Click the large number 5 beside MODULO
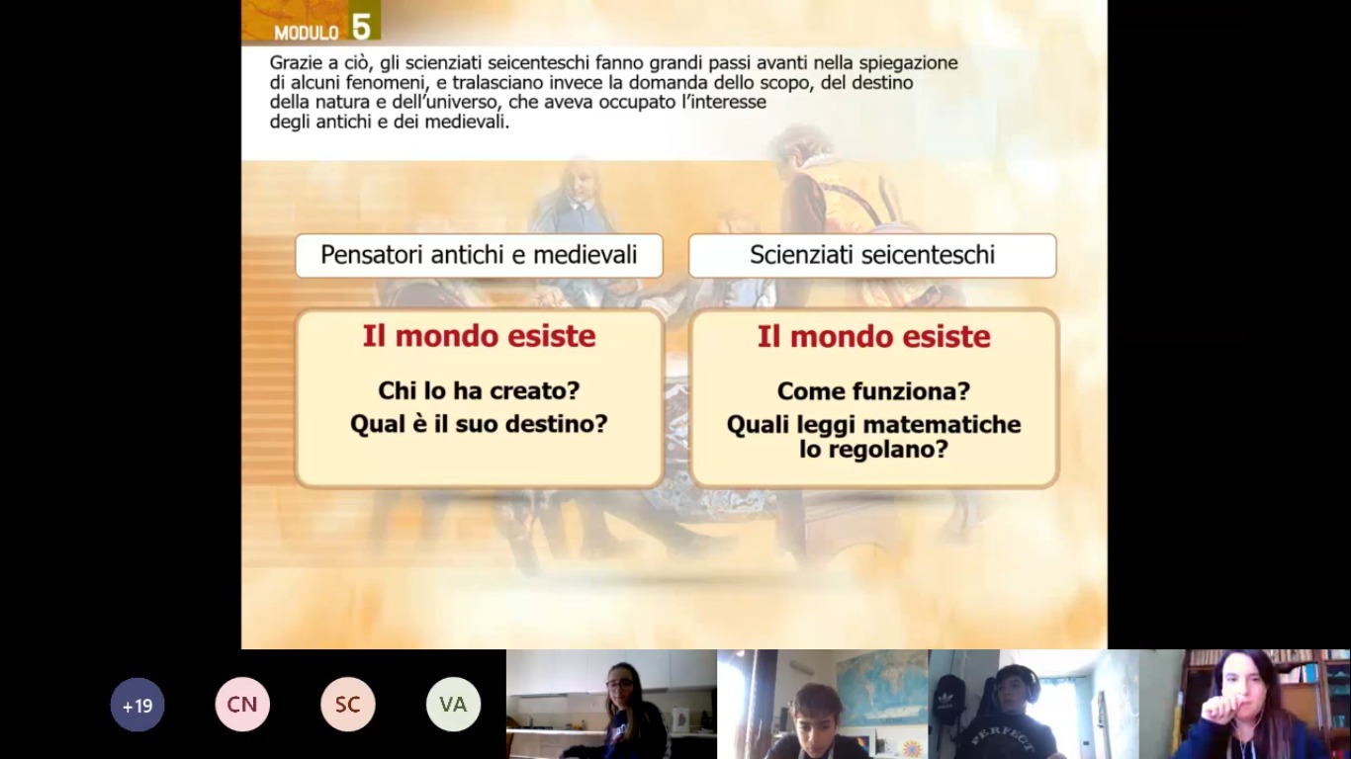361,27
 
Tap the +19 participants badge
137,705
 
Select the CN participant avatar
242,705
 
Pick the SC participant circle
348,705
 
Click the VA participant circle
453,705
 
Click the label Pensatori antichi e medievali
479,255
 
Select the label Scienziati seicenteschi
872,255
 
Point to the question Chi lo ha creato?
479,390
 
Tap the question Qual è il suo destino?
479,424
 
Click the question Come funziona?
873,391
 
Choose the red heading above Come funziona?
873,336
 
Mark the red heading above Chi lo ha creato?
479,336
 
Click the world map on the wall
882,689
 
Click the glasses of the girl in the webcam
619,685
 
